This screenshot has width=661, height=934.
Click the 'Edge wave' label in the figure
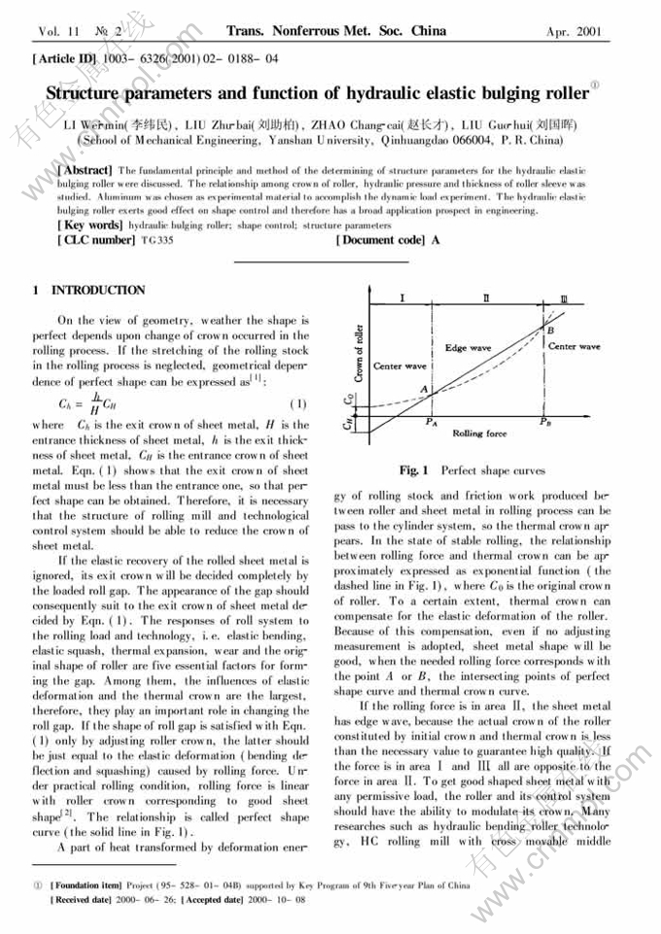tap(468, 347)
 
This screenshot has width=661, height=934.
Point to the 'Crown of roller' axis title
tap(358, 352)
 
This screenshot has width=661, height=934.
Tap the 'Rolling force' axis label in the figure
tap(480, 433)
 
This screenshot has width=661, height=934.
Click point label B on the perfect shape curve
tap(550, 331)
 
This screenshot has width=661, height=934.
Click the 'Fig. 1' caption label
tap(412, 470)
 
